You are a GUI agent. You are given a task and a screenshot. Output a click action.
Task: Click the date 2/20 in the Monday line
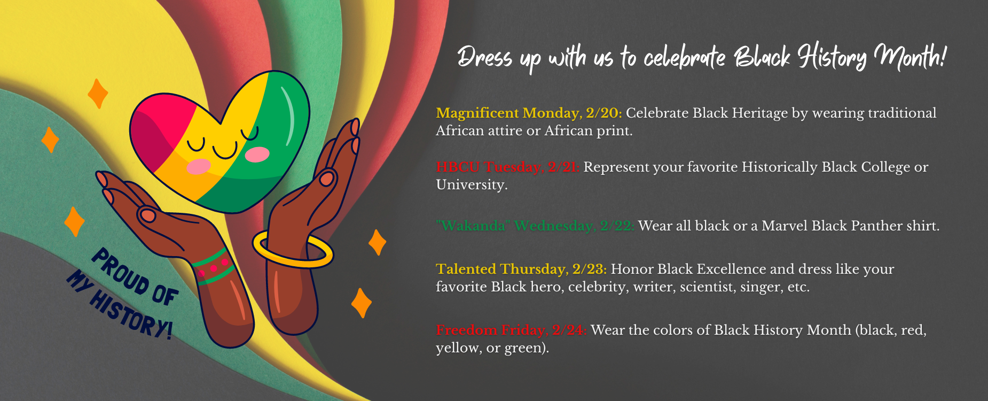603,113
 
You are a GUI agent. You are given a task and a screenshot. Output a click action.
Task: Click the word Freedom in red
466,330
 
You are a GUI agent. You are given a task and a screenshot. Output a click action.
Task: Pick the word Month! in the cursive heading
910,56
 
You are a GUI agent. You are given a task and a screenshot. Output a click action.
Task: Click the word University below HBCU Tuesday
472,185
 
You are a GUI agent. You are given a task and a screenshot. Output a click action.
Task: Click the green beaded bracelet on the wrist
213,266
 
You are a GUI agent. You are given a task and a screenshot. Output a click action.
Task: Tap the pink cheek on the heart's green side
257,155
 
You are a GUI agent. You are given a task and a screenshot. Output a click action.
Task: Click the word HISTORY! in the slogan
130,315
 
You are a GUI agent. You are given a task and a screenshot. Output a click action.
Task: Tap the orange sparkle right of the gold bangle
378,242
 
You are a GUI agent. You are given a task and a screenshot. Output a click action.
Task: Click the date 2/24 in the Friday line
570,330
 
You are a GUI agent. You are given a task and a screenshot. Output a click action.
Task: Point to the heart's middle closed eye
225,150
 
